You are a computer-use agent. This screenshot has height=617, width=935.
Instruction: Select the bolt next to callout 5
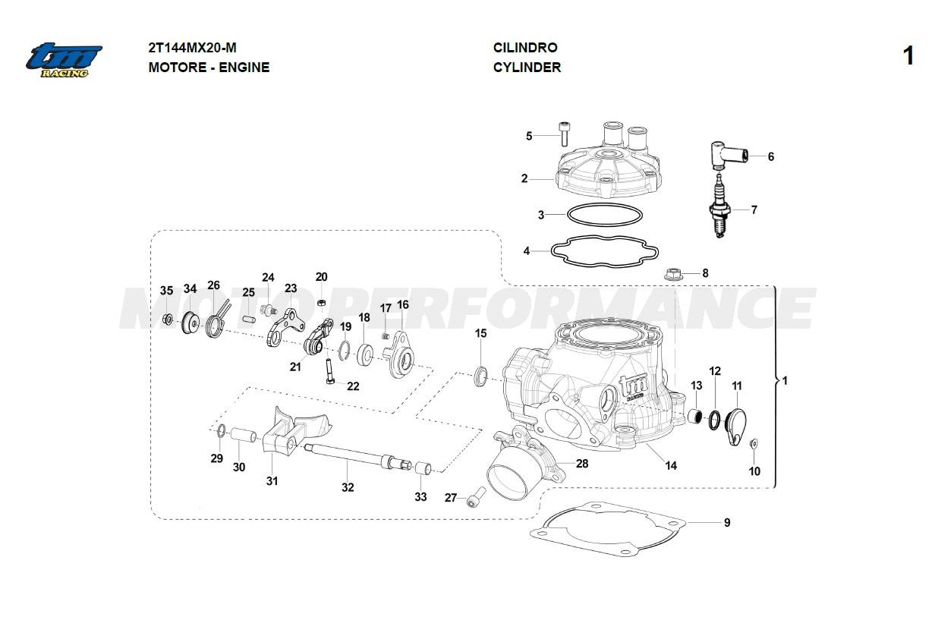(563, 136)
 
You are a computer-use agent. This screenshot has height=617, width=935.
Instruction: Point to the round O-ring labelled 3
(603, 216)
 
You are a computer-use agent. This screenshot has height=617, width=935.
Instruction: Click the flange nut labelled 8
(672, 273)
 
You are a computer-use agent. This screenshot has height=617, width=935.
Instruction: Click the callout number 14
(671, 465)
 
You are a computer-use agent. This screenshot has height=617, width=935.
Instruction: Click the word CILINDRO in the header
(525, 48)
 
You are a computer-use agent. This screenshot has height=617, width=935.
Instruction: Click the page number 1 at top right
(908, 57)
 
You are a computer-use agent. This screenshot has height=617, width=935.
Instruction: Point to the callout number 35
(166, 291)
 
